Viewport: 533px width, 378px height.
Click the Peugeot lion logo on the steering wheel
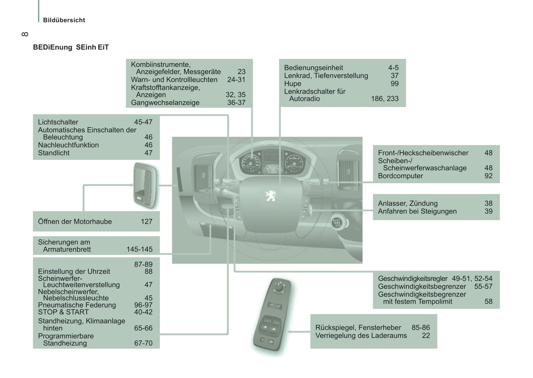270,196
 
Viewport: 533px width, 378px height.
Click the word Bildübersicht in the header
64,20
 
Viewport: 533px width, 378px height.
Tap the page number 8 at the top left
25,34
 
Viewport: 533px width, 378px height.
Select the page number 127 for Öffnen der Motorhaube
146,221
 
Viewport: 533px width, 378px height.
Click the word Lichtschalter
58,122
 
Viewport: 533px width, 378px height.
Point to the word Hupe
293,84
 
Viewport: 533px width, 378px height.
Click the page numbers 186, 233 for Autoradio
384,99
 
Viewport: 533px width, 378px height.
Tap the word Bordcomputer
400,176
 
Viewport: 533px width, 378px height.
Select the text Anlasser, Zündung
408,203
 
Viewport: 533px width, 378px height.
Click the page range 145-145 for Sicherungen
139,249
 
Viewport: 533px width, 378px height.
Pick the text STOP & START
63,312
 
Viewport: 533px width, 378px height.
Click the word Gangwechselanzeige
165,103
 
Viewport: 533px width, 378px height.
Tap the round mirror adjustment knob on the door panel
279,287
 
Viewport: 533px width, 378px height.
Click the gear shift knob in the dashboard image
337,223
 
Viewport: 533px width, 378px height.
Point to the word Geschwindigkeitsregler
412,279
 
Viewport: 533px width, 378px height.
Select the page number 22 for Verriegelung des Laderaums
426,336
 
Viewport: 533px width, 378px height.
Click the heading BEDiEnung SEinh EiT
71,47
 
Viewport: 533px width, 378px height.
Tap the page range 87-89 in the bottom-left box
143,265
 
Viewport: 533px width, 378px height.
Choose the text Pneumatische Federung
77,305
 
